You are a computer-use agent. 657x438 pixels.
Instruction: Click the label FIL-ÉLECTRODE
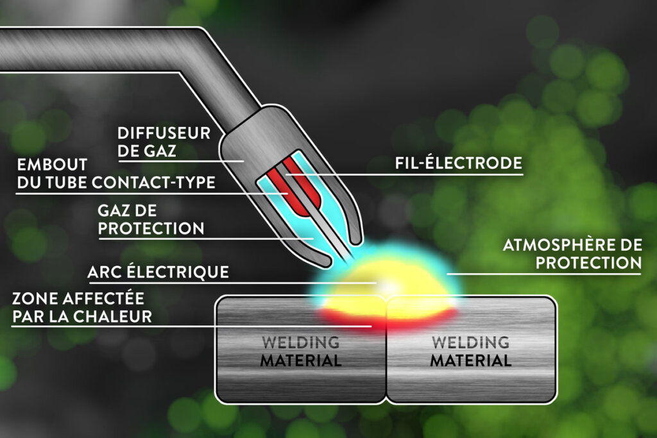tap(458, 163)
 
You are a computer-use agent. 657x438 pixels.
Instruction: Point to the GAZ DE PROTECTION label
tap(151, 219)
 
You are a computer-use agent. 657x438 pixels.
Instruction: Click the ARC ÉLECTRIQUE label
tap(158, 272)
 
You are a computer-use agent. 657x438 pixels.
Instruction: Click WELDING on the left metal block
tap(300, 342)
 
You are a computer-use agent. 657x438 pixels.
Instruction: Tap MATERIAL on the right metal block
tap(470, 360)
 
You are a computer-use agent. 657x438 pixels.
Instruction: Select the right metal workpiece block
tap(472, 350)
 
